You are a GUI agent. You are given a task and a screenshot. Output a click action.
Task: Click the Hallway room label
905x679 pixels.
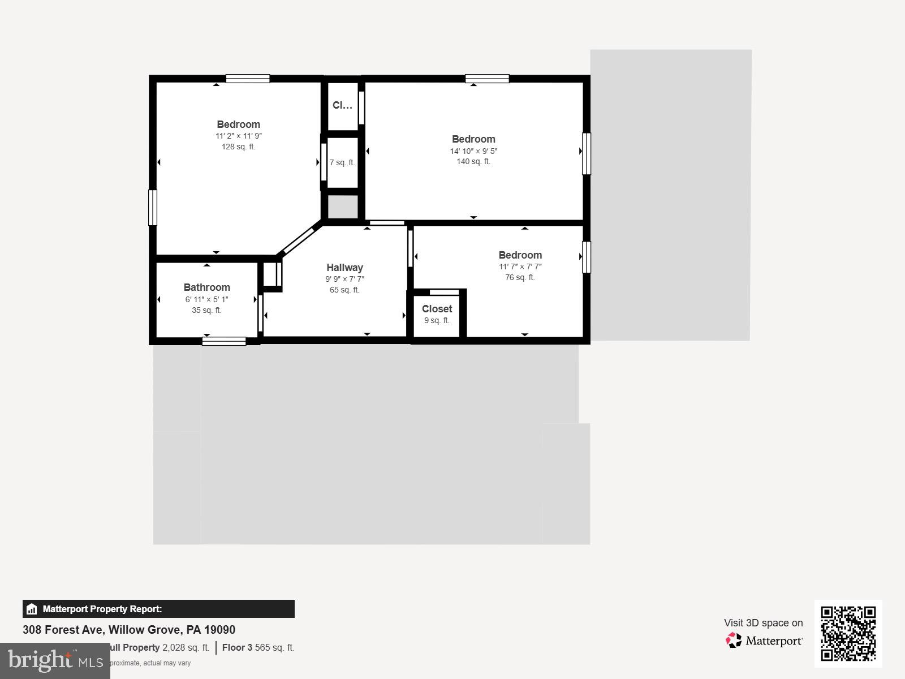point(344,268)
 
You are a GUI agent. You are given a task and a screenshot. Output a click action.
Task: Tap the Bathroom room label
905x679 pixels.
point(206,287)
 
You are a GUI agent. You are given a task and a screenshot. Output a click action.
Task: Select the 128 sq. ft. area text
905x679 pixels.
point(238,147)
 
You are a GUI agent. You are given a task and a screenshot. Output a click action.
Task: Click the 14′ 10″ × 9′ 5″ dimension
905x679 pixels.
point(473,151)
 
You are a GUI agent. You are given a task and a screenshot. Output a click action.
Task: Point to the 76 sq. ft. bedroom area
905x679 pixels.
point(520,278)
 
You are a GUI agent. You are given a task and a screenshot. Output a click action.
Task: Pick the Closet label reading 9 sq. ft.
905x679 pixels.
point(437,315)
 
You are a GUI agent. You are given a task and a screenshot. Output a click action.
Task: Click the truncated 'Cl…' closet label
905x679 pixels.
point(342,105)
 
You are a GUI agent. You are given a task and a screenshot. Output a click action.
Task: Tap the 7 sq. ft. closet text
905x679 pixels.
point(342,163)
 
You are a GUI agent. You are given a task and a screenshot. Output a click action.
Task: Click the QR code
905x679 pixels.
point(848,633)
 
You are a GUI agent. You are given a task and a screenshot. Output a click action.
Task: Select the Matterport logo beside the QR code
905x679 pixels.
point(764,641)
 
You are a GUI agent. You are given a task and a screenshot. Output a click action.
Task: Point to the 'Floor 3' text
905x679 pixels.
point(237,648)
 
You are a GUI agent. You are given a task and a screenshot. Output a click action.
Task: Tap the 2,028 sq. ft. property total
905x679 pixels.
point(186,648)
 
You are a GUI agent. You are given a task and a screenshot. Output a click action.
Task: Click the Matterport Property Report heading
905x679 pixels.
point(102,609)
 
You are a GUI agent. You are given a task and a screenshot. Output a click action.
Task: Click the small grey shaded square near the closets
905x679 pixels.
point(343,207)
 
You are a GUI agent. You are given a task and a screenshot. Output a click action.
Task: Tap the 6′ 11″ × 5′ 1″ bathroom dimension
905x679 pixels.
point(206,300)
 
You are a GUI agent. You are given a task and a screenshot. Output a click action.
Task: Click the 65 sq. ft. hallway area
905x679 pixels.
point(344,290)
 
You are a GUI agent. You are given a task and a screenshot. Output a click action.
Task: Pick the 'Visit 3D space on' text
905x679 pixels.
point(763,623)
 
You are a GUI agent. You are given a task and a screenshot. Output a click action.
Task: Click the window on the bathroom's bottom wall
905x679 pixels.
point(224,341)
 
